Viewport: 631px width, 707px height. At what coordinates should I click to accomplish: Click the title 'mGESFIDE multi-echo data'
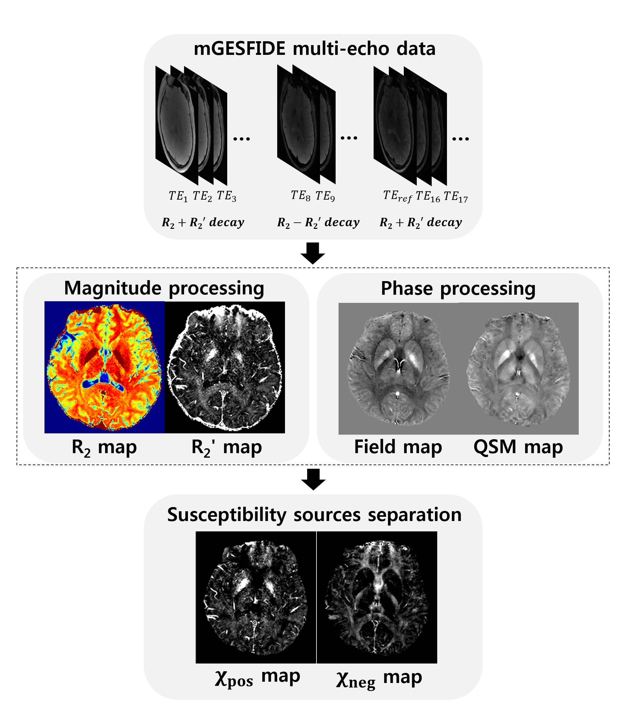(x=314, y=49)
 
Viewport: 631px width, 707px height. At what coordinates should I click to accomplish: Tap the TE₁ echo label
(x=178, y=196)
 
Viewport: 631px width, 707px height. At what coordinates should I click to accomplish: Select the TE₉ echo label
(x=325, y=196)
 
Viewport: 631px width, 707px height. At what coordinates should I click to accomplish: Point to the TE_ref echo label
(x=398, y=197)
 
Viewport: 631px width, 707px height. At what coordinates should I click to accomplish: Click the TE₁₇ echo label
(x=456, y=197)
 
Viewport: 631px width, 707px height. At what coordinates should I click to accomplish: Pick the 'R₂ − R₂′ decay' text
(x=318, y=222)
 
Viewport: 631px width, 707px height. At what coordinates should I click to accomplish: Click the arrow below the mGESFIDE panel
(x=313, y=253)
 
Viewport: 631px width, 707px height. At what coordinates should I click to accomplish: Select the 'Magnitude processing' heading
(x=164, y=288)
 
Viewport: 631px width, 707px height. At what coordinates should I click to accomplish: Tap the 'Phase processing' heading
(x=458, y=288)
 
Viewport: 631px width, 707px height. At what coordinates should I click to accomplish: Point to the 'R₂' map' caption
(x=226, y=447)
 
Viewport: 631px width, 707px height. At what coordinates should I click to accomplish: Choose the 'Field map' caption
(x=398, y=447)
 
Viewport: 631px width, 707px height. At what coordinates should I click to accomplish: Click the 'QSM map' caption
(x=518, y=447)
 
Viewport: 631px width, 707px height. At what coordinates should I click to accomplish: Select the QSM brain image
(x=518, y=368)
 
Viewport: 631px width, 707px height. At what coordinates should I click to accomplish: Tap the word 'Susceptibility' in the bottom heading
(x=226, y=515)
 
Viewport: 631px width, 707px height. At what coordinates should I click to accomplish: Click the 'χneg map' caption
(x=378, y=678)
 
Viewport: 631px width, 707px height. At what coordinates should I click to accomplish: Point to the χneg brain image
(x=377, y=597)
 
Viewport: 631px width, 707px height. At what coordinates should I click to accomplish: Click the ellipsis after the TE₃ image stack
(x=241, y=139)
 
